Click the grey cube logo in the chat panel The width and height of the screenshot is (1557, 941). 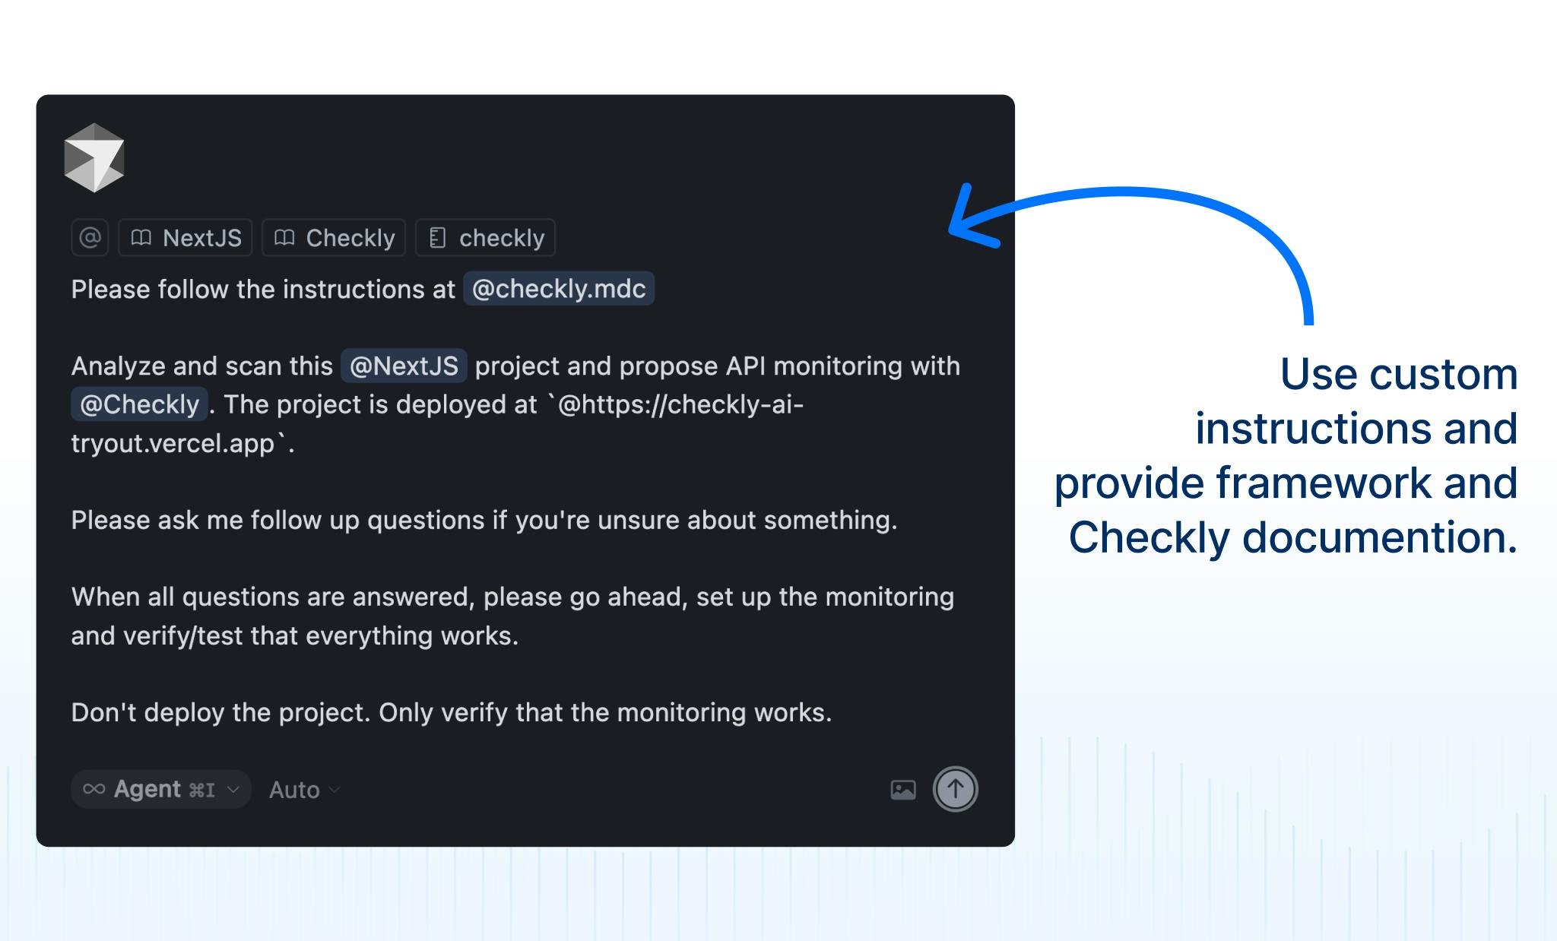(94, 157)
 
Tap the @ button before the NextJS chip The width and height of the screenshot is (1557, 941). (90, 238)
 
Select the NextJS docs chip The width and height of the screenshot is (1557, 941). (186, 238)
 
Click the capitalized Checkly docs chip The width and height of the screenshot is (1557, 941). (334, 238)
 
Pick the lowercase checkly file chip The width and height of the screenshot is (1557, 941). (486, 238)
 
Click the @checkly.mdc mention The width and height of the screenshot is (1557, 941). (559, 289)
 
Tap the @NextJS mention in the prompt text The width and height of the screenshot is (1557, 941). (404, 366)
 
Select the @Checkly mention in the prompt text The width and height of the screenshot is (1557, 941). (139, 404)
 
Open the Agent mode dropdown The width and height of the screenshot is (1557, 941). (161, 789)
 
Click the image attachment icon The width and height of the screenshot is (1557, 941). (903, 790)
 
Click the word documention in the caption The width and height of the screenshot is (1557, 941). (1380, 537)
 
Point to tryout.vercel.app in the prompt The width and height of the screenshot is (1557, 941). (173, 443)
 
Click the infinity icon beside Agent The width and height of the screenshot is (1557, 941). (94, 789)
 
